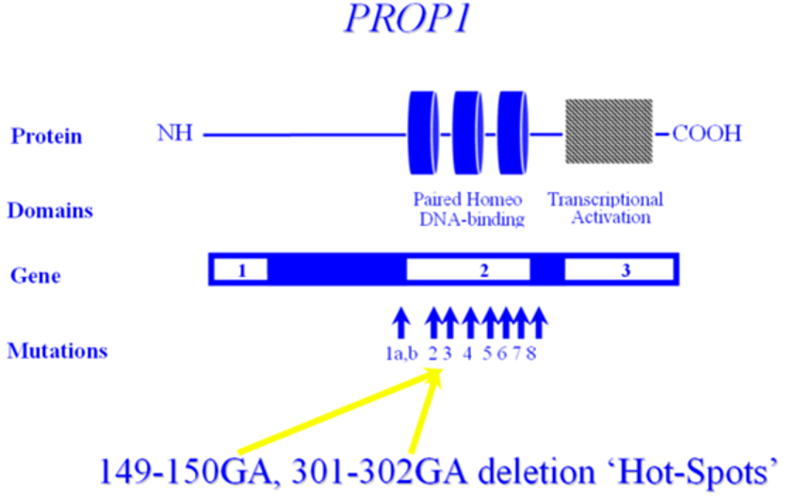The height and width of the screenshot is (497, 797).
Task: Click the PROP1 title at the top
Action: pyautogui.click(x=408, y=19)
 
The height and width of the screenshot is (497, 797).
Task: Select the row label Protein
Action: pyautogui.click(x=46, y=136)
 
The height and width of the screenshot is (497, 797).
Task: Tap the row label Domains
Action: pyautogui.click(x=50, y=210)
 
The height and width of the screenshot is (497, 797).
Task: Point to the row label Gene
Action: pyautogui.click(x=36, y=276)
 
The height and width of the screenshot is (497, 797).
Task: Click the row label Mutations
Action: pyautogui.click(x=57, y=351)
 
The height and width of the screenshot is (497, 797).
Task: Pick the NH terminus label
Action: pyautogui.click(x=175, y=133)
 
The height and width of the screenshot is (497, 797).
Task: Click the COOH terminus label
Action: pyautogui.click(x=708, y=134)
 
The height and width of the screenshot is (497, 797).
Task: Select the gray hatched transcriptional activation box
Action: pyautogui.click(x=609, y=132)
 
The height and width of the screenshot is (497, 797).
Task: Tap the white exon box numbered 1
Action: pyautogui.click(x=241, y=269)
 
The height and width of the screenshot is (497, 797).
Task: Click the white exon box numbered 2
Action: pyautogui.click(x=468, y=269)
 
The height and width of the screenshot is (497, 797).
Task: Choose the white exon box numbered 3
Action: pyautogui.click(x=619, y=269)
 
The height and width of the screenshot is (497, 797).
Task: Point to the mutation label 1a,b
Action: pyautogui.click(x=401, y=353)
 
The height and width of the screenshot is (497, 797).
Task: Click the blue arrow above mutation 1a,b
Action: pyautogui.click(x=401, y=323)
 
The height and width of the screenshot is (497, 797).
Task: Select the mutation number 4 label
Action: pyautogui.click(x=467, y=353)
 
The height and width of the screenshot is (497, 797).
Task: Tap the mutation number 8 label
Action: pyautogui.click(x=531, y=353)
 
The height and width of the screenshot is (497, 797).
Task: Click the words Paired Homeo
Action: pyautogui.click(x=467, y=199)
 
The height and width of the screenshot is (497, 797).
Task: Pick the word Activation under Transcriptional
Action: pyautogui.click(x=610, y=217)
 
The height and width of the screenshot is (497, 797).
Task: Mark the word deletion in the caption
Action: pyautogui.click(x=536, y=473)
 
